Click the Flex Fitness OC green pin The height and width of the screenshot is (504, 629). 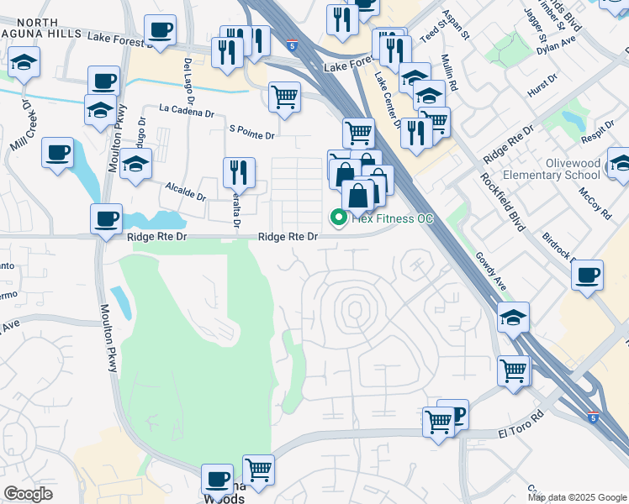tap(339, 218)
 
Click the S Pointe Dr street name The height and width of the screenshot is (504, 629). tap(251, 134)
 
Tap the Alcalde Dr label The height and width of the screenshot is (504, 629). tap(185, 191)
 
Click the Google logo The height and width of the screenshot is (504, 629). tap(28, 493)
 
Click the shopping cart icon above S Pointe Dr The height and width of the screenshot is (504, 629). tap(284, 97)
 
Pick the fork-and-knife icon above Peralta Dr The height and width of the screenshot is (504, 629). tap(239, 173)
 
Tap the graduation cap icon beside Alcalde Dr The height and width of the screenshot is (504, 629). tap(135, 165)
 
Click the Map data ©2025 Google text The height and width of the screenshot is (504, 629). tap(576, 497)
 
